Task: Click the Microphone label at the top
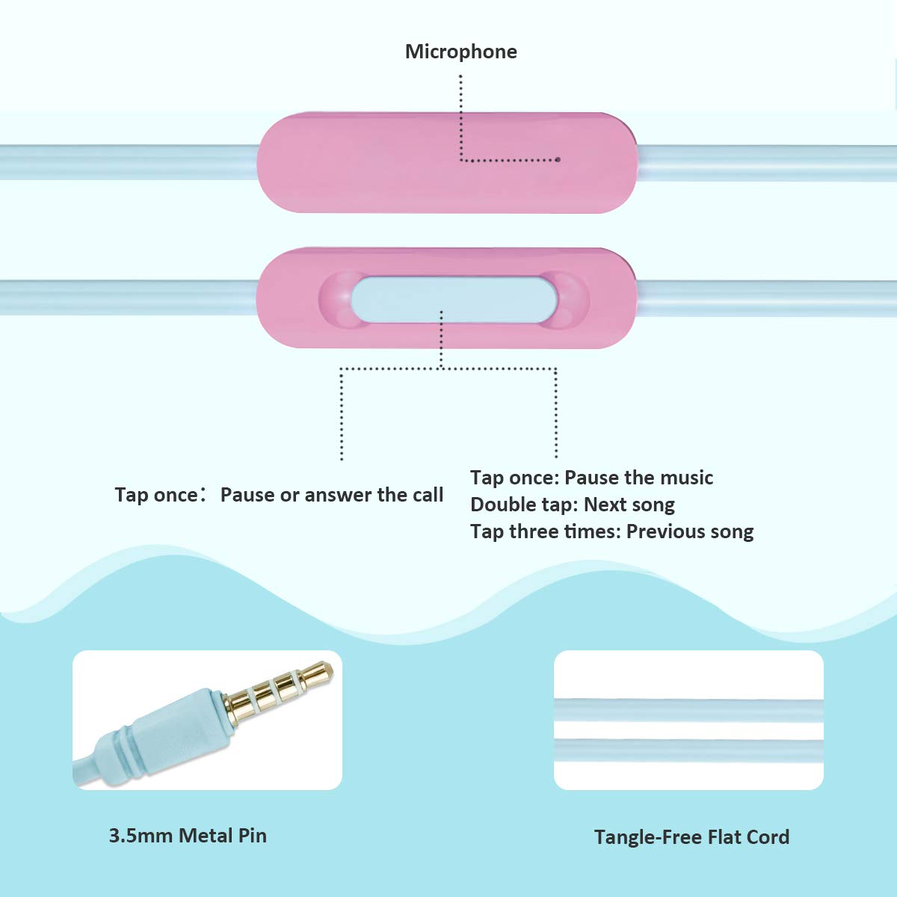coord(460,52)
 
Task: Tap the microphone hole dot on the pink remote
coord(558,159)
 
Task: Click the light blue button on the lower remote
coord(454,299)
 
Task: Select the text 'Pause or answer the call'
coord(331,495)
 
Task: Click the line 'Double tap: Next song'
coord(572,505)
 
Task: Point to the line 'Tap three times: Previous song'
coord(611,531)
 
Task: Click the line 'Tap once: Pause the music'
coord(591,478)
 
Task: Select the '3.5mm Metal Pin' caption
coord(188,836)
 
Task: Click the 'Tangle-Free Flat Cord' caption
coord(691,837)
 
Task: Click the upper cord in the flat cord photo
coord(688,709)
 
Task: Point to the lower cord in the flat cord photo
coord(688,750)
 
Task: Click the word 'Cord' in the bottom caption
coord(767,837)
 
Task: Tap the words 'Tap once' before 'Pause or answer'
coord(155,495)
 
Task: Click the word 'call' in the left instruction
coord(427,495)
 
